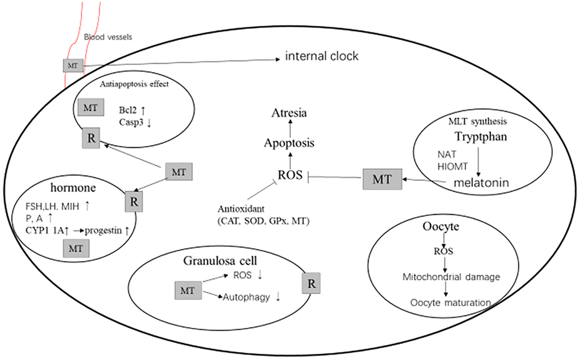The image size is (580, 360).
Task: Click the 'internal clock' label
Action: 321,57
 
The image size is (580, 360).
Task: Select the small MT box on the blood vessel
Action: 72,66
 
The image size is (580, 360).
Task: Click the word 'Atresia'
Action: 288,113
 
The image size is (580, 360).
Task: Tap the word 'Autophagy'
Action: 246,296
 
